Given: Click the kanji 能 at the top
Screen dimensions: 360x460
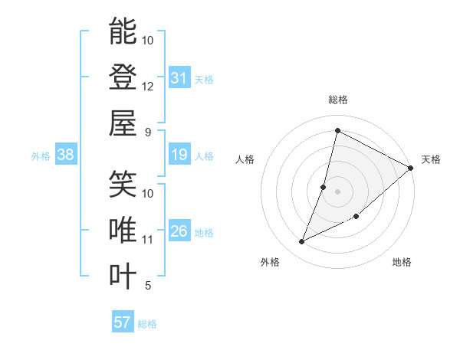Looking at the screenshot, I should pos(123,32).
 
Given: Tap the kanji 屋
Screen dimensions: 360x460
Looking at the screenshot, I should pos(123,123).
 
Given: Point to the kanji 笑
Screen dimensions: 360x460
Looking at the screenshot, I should pos(123,184).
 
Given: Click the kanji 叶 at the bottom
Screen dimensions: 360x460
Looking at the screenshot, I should pos(123,276).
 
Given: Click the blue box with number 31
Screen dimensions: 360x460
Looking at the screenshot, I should pos(179,77).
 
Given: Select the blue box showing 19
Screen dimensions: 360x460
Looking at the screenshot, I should pos(179,155).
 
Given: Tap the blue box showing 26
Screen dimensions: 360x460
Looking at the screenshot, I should pos(179,232).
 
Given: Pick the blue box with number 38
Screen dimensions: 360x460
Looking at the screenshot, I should pos(65,155).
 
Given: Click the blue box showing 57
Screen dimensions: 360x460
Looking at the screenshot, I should pos(123,322).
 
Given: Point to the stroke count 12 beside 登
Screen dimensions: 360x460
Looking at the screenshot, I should pos(148,87).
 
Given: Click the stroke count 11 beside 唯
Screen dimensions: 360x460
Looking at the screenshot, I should pos(148,240).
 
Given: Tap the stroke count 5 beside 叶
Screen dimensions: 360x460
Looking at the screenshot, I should pos(147,286).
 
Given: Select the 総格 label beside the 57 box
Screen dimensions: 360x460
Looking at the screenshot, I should pos(147,324).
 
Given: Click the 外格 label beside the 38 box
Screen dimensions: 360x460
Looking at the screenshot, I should pos(41,156).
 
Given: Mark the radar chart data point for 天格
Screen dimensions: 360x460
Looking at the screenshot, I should pos(410,169).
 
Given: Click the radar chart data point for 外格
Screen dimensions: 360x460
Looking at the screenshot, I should pos(301,242).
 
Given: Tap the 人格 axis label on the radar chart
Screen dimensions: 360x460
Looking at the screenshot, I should pos(245,159).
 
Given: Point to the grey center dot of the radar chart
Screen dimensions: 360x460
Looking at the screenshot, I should pos(337,191).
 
